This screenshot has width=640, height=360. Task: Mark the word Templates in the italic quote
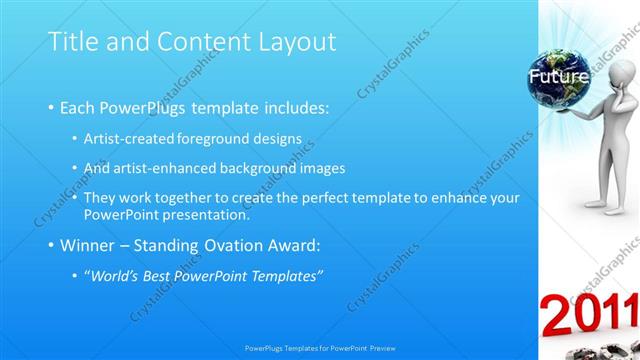coord(289,275)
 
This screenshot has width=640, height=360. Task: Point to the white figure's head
coord(621,76)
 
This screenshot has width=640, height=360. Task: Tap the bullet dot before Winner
coord(51,245)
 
